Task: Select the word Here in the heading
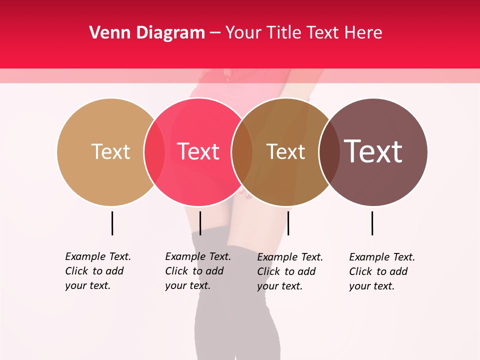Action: pos(363,33)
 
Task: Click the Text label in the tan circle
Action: pos(110,151)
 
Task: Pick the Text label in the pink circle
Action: pos(198,151)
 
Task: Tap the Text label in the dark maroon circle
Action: pos(373,151)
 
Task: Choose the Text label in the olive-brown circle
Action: pos(285,151)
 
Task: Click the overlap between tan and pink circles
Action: pos(154,152)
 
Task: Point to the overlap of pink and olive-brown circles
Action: pos(242,152)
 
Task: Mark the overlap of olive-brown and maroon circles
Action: pos(329,152)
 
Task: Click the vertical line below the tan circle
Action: pos(112,223)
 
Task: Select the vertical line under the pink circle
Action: pos(200,223)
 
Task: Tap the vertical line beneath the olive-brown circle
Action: pos(288,223)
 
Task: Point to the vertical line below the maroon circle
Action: pos(372,223)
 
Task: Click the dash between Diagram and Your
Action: pos(215,33)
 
